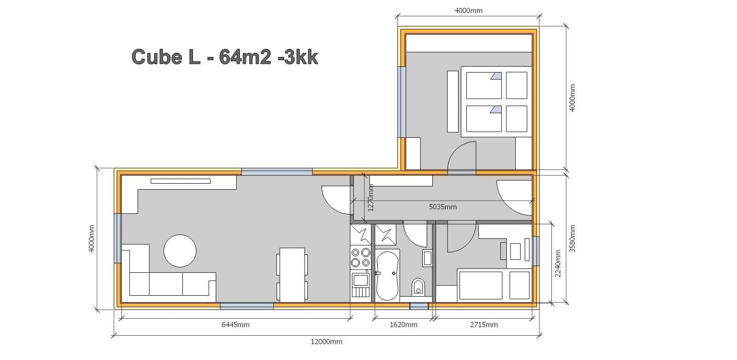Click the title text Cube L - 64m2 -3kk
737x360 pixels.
click(225, 57)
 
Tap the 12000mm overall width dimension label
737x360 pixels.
click(326, 342)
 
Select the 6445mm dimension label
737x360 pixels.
click(236, 325)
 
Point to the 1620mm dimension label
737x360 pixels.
click(403, 325)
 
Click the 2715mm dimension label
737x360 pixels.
click(484, 325)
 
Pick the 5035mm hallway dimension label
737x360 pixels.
click(443, 207)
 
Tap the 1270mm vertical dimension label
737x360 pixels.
click(371, 197)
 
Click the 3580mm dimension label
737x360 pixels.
click(573, 239)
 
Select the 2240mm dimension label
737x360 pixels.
click(558, 264)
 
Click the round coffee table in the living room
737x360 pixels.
click(180, 251)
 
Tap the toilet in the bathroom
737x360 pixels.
click(418, 287)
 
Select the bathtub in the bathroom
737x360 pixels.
click(387, 276)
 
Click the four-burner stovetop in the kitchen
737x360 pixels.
click(361, 258)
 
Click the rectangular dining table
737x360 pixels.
click(292, 275)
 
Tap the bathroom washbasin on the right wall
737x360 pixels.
click(427, 258)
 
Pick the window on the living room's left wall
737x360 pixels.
click(118, 238)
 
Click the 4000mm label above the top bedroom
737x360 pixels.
click(469, 11)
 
